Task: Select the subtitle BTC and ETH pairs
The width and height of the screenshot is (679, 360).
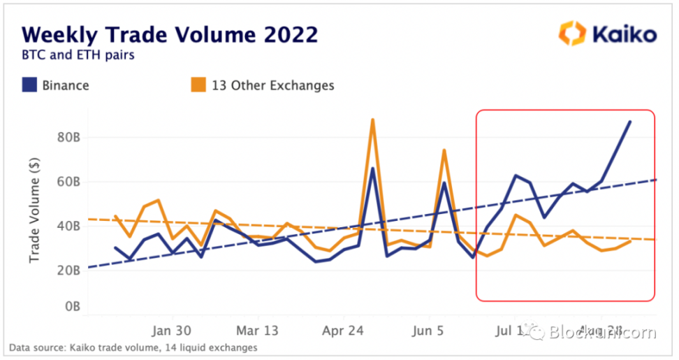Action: coord(78,55)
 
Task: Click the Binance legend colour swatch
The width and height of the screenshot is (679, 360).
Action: coord(29,86)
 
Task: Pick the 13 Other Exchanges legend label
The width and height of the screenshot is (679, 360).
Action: coord(272,86)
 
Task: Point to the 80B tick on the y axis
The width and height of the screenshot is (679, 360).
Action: coord(68,138)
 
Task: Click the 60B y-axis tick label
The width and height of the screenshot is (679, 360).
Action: coord(68,182)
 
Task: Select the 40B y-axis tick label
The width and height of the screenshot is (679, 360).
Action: coord(68,226)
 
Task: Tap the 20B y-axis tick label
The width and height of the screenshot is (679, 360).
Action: coord(68,270)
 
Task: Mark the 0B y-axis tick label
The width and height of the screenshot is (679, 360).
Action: coord(72,306)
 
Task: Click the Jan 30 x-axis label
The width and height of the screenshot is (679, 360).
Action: coord(173,330)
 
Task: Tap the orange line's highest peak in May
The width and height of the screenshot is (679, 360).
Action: coord(372,120)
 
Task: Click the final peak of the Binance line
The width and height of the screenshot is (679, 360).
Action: coord(630,122)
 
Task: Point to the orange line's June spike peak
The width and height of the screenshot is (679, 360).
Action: coord(444,150)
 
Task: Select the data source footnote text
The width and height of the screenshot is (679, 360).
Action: coord(133,347)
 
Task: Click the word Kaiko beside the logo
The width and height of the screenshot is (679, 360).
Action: coord(625,34)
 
